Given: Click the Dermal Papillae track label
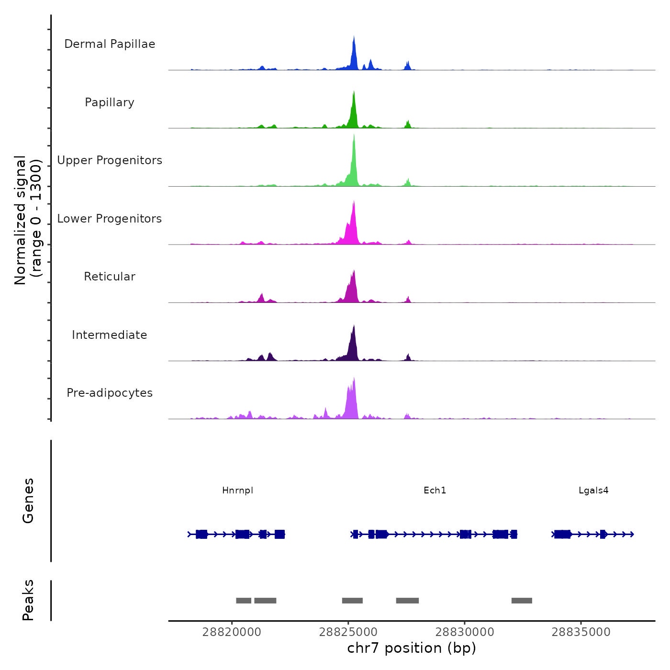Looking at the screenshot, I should click(x=110, y=44).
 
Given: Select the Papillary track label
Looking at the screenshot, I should click(x=110, y=102).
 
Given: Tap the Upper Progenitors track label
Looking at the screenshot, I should click(x=110, y=160).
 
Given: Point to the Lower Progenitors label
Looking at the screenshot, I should click(x=110, y=219).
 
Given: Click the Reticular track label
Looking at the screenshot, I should click(x=110, y=277).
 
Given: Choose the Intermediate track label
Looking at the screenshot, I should click(x=110, y=335).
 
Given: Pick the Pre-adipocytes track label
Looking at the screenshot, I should click(x=110, y=393).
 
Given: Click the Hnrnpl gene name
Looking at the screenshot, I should click(x=237, y=491).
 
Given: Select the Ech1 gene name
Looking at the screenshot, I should click(x=435, y=491).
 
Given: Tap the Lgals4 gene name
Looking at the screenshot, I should click(x=593, y=491).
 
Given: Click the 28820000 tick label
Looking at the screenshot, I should click(x=232, y=632).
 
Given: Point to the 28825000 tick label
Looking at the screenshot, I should click(x=348, y=632).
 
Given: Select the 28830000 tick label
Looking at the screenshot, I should click(x=465, y=632).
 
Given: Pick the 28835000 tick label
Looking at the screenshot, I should click(x=581, y=632).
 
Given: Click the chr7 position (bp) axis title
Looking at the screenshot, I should click(x=412, y=648).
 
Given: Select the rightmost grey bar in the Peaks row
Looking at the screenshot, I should click(x=522, y=601).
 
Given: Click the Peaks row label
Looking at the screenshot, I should click(x=28, y=600).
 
